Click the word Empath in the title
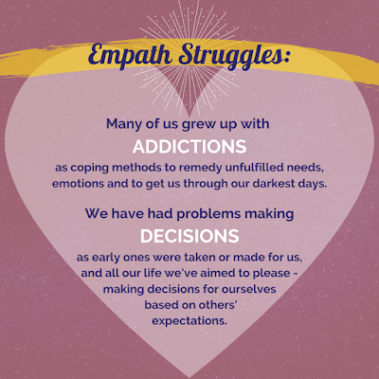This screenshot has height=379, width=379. (131, 56)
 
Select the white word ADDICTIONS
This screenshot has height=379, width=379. (189, 147)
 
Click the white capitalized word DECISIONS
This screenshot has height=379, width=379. (189, 236)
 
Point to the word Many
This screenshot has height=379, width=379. (124, 124)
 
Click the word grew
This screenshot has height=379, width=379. (197, 125)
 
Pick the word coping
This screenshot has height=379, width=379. (89, 168)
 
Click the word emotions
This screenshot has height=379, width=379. (78, 184)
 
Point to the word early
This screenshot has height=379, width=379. (106, 258)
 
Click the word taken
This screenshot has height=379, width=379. (200, 257)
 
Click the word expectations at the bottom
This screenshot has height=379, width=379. (189, 321)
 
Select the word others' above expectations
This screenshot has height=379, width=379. (218, 304)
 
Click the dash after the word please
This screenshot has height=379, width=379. (296, 273)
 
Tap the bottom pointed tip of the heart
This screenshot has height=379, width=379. (189, 377)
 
